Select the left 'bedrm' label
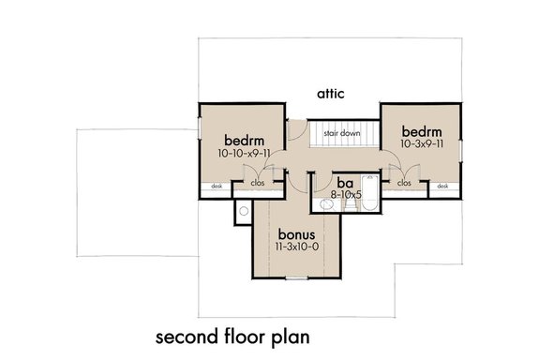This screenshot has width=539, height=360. click(242, 136)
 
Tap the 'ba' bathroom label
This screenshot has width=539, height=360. click(344, 184)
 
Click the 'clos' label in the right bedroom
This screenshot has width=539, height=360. click(403, 184)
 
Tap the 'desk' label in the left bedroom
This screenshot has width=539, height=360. click(217, 186)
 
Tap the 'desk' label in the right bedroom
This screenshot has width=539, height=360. click(442, 186)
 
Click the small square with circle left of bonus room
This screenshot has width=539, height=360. click(242, 213)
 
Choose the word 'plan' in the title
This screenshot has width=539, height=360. click(289, 335)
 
